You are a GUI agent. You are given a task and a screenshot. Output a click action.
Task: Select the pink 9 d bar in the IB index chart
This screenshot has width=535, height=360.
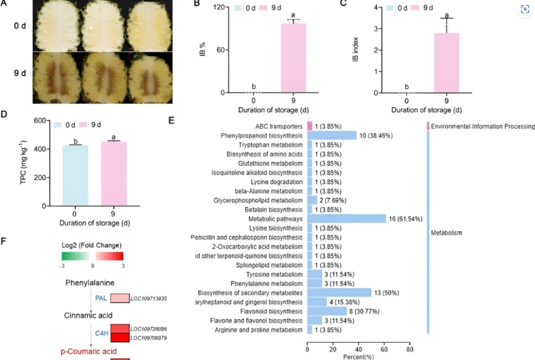(446, 63)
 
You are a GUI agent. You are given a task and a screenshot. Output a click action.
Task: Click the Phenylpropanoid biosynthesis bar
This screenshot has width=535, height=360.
(332, 136)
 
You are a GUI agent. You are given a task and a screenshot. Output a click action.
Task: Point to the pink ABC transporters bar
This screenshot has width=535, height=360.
(310, 126)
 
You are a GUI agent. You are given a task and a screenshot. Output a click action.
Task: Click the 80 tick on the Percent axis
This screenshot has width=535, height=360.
(409, 349)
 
